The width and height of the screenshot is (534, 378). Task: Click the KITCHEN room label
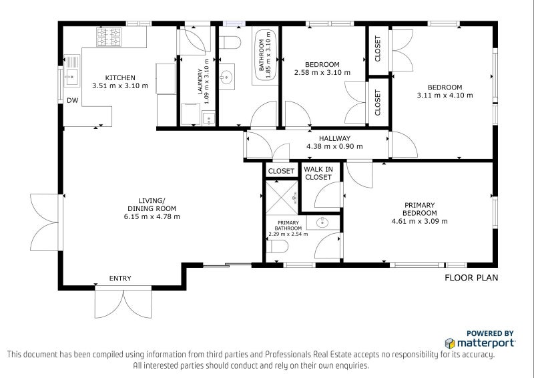(x=120, y=77)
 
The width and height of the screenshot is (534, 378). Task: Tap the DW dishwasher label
(x=72, y=101)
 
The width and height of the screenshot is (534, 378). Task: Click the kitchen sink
(x=72, y=77)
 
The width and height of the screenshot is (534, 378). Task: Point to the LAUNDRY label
(x=200, y=85)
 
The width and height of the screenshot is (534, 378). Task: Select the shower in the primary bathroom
(x=281, y=198)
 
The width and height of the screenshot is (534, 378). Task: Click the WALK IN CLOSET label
(x=318, y=174)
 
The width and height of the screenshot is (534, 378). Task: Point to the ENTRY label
(x=120, y=278)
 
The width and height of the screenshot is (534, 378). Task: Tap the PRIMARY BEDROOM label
(x=420, y=209)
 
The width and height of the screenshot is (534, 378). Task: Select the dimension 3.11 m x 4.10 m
(x=445, y=95)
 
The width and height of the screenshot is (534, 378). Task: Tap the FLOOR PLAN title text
(x=471, y=278)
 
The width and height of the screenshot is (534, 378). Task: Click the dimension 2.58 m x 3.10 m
(x=322, y=72)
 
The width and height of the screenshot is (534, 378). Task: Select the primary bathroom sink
(x=322, y=222)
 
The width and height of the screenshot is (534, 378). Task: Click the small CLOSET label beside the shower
(x=281, y=171)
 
